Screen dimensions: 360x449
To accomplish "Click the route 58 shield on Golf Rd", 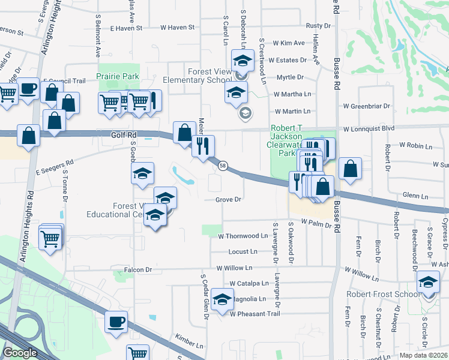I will pyautogui.click(x=223, y=166).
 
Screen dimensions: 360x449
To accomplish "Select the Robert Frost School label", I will pyautogui.click(x=384, y=294).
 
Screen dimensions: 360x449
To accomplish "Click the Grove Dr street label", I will pyautogui.click(x=229, y=200).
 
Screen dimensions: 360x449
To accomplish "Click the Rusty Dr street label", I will pyautogui.click(x=318, y=26).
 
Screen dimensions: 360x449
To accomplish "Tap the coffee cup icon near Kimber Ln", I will pyautogui.click(x=116, y=321).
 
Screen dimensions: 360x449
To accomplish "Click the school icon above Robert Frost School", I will pyautogui.click(x=428, y=282).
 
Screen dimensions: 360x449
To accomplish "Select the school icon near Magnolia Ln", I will pyautogui.click(x=222, y=299).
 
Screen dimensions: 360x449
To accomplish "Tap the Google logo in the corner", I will pyautogui.click(x=20, y=353).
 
